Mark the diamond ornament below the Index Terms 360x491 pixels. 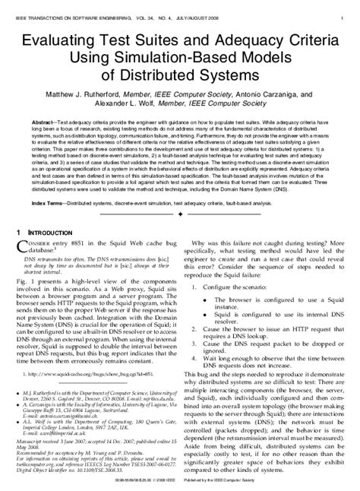(x=179, y=215)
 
